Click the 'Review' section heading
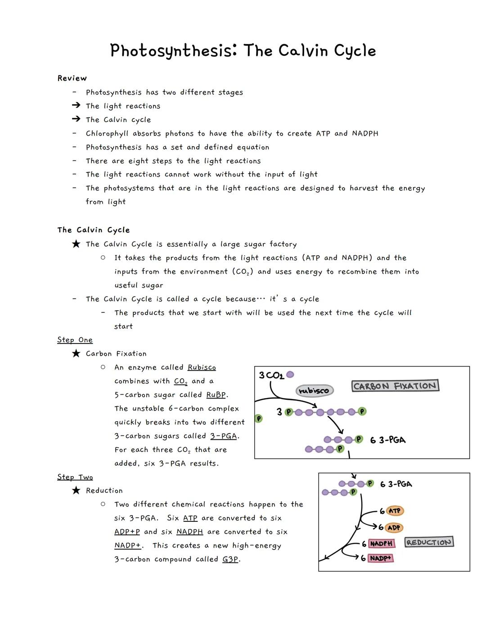pyautogui.click(x=72, y=78)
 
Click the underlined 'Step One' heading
pyautogui.click(x=75, y=340)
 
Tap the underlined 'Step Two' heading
pyautogui.click(x=75, y=477)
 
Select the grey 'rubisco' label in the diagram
pyautogui.click(x=314, y=390)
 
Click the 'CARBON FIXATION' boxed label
pyautogui.click(x=395, y=386)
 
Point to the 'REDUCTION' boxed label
pyautogui.click(x=429, y=542)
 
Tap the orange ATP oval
pyautogui.click(x=395, y=511)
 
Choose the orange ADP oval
pyautogui.click(x=394, y=528)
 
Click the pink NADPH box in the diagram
pyautogui.click(x=381, y=543)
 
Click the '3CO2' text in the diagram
pyautogui.click(x=271, y=376)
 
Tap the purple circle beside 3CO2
pyautogui.click(x=290, y=375)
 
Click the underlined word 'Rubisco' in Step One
pyautogui.click(x=202, y=367)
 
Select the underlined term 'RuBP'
pyautogui.click(x=216, y=395)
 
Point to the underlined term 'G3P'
pyautogui.click(x=230, y=559)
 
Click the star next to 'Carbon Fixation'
pyautogui.click(x=76, y=353)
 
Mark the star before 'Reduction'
pyautogui.click(x=76, y=490)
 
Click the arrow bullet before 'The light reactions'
pyautogui.click(x=76, y=105)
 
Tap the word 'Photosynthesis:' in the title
pyautogui.click(x=173, y=51)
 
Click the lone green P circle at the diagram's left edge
pyautogui.click(x=258, y=419)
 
